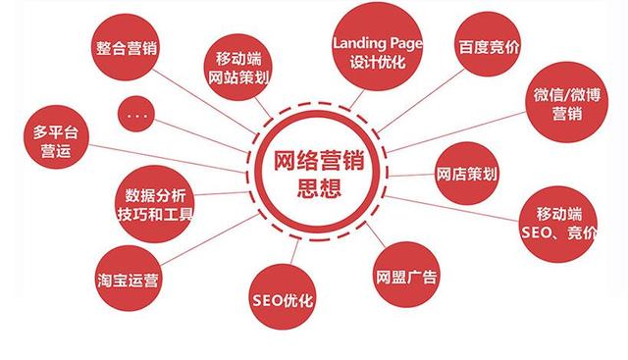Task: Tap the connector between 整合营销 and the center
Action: (x=206, y=98)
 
